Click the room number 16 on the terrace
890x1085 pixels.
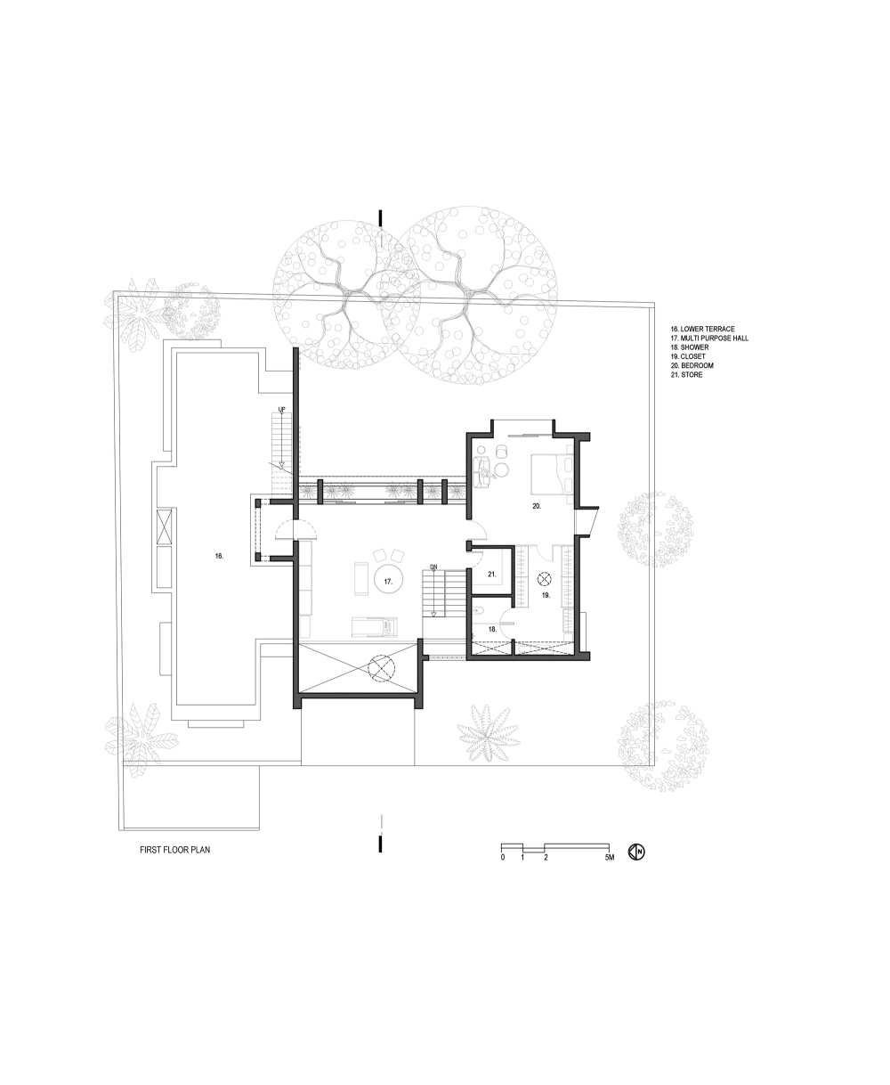pyautogui.click(x=219, y=556)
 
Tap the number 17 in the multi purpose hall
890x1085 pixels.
pyautogui.click(x=388, y=582)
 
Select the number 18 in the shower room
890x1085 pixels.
pyautogui.click(x=492, y=629)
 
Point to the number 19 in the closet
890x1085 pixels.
pyautogui.click(x=546, y=595)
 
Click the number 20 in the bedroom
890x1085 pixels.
pyautogui.click(x=537, y=506)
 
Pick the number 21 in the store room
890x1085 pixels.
pyautogui.click(x=492, y=575)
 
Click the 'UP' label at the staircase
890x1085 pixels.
pyautogui.click(x=282, y=410)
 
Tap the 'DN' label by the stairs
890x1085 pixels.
pyautogui.click(x=433, y=567)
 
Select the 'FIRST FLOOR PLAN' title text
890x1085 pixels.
pyautogui.click(x=174, y=849)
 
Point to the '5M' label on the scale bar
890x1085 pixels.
pyautogui.click(x=610, y=858)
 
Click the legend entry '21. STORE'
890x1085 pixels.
pyautogui.click(x=686, y=374)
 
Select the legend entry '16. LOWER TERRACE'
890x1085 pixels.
pyautogui.click(x=702, y=329)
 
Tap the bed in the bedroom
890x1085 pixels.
pyautogui.click(x=551, y=473)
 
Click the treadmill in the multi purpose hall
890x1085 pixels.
pyautogui.click(x=375, y=626)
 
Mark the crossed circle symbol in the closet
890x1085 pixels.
pyautogui.click(x=544, y=579)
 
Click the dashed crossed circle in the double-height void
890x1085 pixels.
pyautogui.click(x=381, y=668)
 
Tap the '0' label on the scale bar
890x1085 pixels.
pyautogui.click(x=503, y=858)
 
